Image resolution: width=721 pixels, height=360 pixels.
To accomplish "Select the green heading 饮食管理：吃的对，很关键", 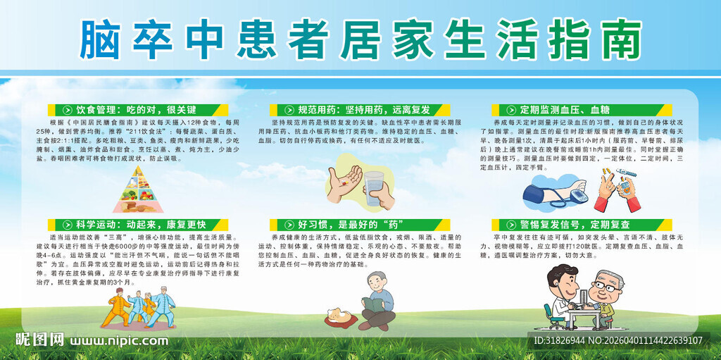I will coord(137,110).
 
